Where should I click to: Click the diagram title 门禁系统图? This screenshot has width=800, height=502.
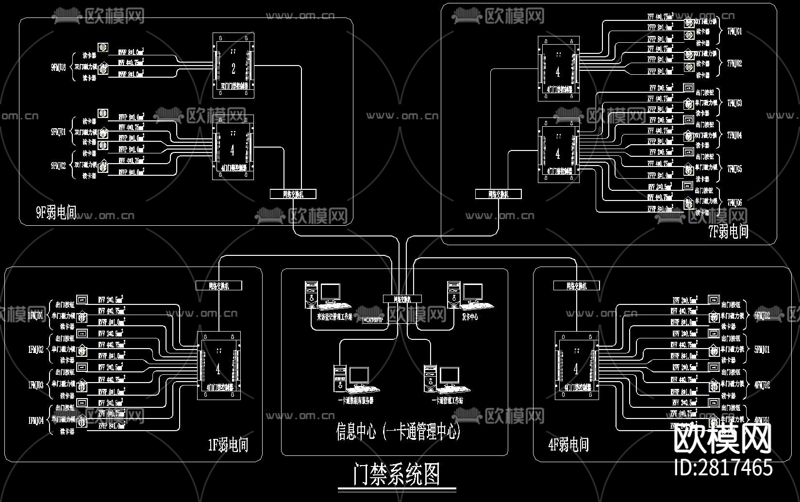click(x=397, y=475)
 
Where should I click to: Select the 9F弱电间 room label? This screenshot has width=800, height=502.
click(x=56, y=213)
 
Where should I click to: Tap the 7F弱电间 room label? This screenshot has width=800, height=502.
click(x=728, y=232)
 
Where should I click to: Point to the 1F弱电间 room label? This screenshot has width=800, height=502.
click(x=228, y=445)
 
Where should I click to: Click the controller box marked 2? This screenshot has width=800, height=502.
click(x=233, y=66)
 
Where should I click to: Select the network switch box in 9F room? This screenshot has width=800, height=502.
click(x=293, y=194)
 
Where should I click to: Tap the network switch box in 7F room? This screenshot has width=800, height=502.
click(x=498, y=194)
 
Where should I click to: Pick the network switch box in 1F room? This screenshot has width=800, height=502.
click(x=218, y=285)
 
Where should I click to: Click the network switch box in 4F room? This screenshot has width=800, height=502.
click(x=576, y=285)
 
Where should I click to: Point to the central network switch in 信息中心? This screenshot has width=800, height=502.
click(x=402, y=299)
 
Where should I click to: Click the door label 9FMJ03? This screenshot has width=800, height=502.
click(x=58, y=67)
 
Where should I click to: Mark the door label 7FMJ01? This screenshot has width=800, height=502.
click(x=734, y=32)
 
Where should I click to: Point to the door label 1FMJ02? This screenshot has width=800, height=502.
click(x=36, y=349)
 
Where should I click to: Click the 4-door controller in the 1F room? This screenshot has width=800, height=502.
click(x=218, y=366)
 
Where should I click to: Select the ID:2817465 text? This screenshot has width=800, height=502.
click(x=723, y=468)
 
